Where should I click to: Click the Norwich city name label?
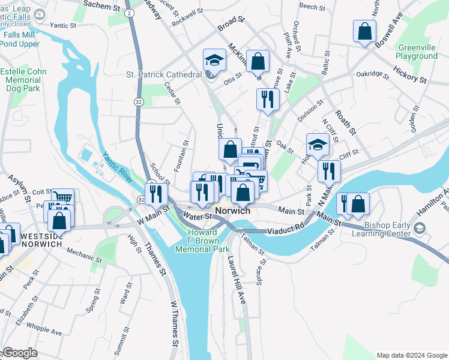coord(232,211)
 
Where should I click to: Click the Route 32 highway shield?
coord(139,103)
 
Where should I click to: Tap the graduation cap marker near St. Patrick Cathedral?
coord(214,59)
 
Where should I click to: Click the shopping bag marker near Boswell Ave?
coord(364,31)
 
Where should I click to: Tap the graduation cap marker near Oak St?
coord(318,144)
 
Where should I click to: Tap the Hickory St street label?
coord(409,75)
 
